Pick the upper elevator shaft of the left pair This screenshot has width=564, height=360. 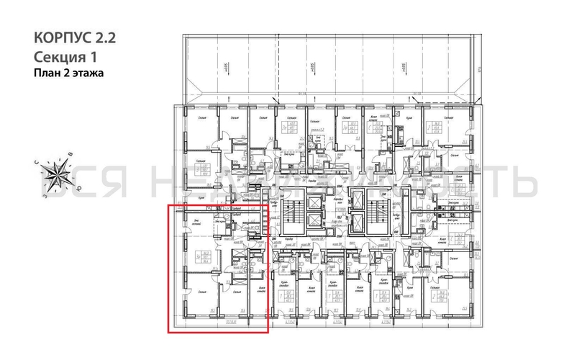point(314,202)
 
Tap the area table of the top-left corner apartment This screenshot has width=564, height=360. point(206,171)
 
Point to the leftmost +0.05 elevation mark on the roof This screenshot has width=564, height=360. point(224,66)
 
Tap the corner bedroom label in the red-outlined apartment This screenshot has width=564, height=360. point(200,291)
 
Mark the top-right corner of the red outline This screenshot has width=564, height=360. point(268,206)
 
